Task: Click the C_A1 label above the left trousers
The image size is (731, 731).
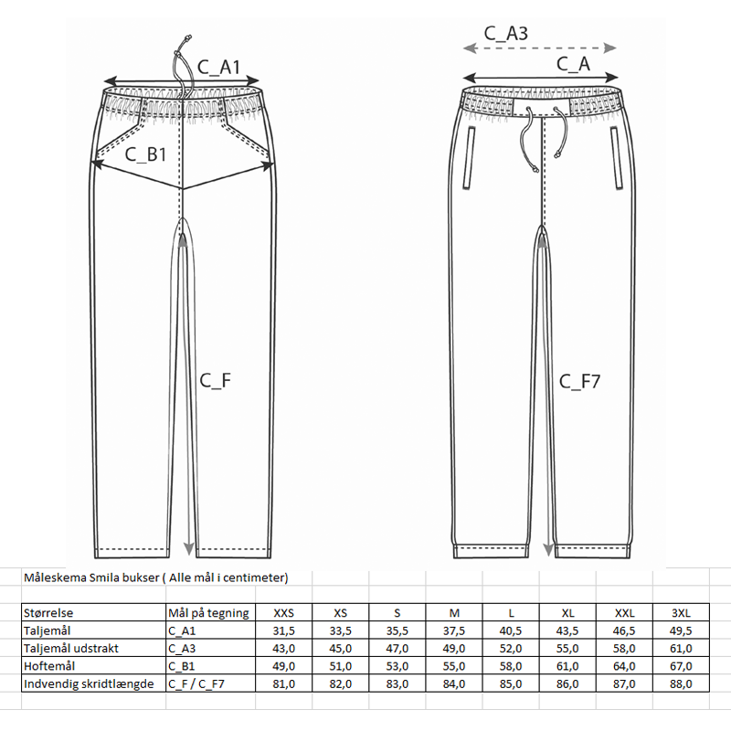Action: click(218, 66)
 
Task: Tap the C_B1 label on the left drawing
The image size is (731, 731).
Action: click(145, 154)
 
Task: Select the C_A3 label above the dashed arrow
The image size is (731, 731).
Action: click(505, 34)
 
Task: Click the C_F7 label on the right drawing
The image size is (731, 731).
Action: click(580, 381)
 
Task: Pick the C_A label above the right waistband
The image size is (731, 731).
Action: click(573, 63)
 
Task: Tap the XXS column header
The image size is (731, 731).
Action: click(284, 613)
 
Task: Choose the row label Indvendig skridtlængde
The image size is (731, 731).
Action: click(88, 683)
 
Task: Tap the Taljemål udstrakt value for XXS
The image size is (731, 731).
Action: click(284, 649)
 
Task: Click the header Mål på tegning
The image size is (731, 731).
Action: click(208, 613)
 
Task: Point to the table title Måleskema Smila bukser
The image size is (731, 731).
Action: click(155, 577)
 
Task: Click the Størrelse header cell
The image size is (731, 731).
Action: click(49, 613)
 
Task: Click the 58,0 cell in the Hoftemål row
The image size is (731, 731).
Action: click(514, 666)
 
